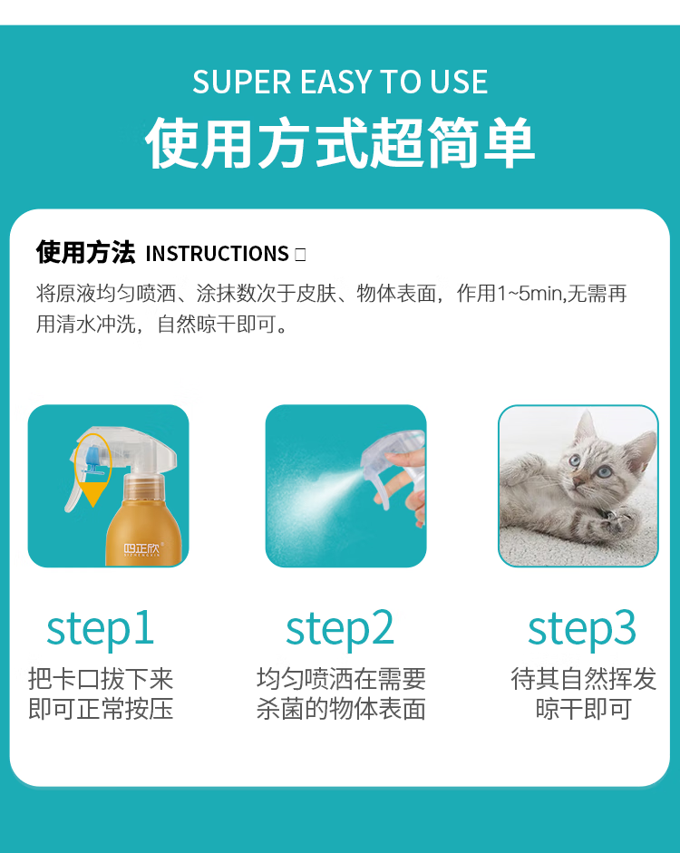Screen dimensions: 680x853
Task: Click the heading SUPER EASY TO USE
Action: click(x=340, y=82)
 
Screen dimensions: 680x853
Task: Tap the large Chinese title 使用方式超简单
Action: click(x=340, y=143)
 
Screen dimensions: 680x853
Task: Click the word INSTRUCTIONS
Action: click(x=217, y=254)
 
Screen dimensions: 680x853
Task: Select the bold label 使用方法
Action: click(x=85, y=253)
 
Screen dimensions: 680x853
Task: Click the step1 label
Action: click(x=100, y=629)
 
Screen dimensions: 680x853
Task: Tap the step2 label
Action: click(x=340, y=629)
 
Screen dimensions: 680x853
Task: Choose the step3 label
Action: click(x=582, y=629)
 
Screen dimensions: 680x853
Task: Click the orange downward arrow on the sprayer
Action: click(x=93, y=495)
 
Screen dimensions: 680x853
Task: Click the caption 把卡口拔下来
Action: click(x=101, y=680)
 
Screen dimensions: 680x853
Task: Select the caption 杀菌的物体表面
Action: click(x=341, y=710)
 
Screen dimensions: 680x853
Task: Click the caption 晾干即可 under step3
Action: click(x=583, y=710)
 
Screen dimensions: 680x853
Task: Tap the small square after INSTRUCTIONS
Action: click(x=300, y=255)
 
